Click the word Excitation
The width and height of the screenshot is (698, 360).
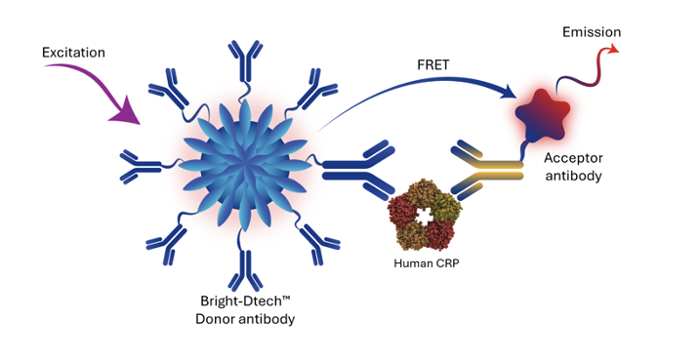75,50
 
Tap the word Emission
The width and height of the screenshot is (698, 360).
592,33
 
